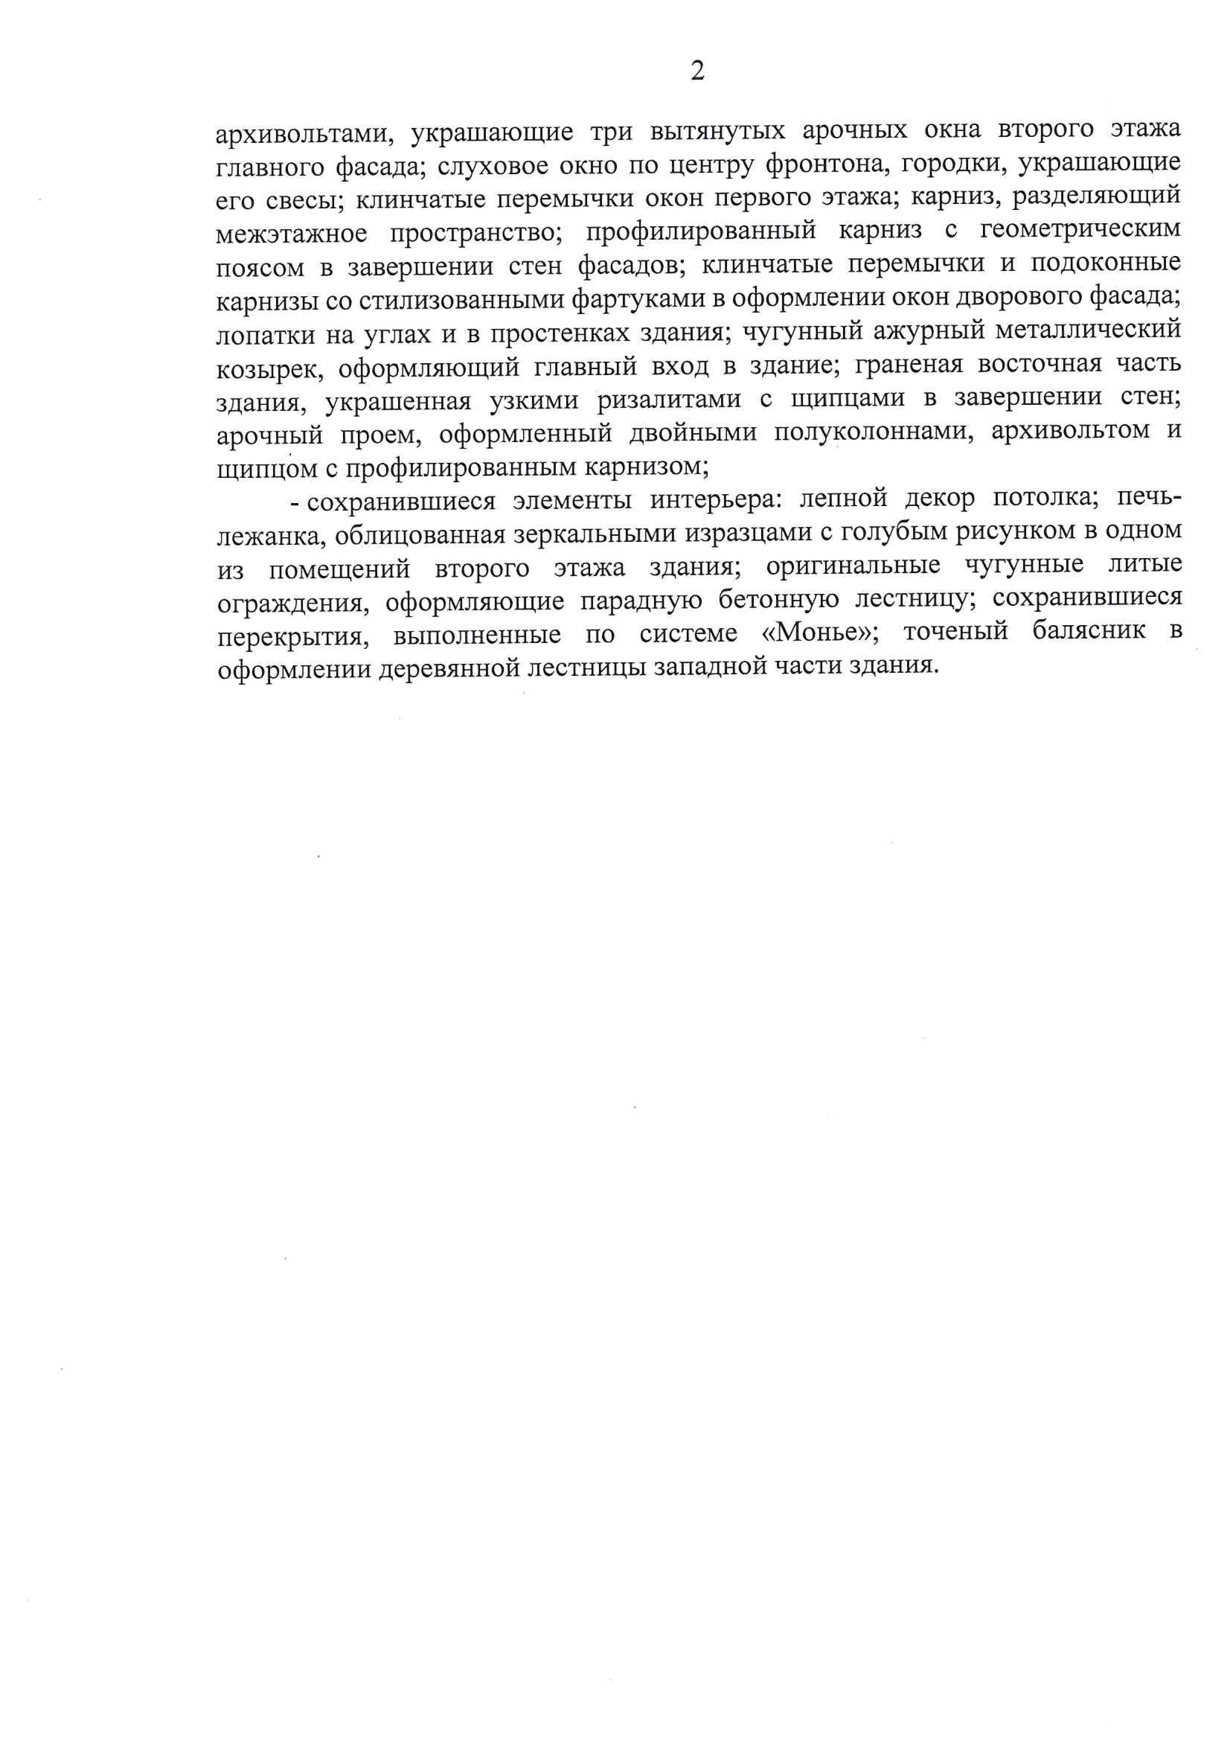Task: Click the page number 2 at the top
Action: [x=697, y=70]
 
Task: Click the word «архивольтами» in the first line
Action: [x=303, y=133]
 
